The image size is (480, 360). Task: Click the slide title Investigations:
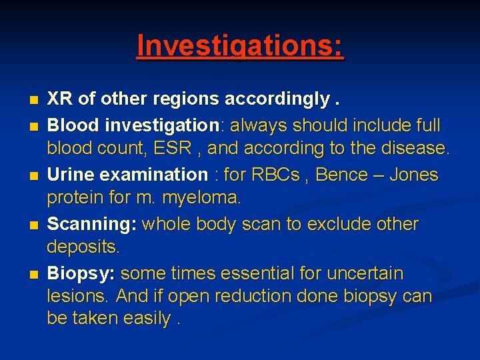[x=240, y=46]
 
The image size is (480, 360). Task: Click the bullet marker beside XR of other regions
[x=35, y=101]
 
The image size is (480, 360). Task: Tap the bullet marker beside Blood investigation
[x=35, y=125]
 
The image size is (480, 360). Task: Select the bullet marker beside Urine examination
[x=35, y=175]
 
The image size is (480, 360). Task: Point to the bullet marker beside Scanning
[x=35, y=225]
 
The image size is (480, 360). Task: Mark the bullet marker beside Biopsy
[x=35, y=274]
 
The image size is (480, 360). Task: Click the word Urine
[x=70, y=175]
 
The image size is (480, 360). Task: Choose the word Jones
[x=414, y=175]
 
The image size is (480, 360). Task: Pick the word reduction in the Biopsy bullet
[x=265, y=295]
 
